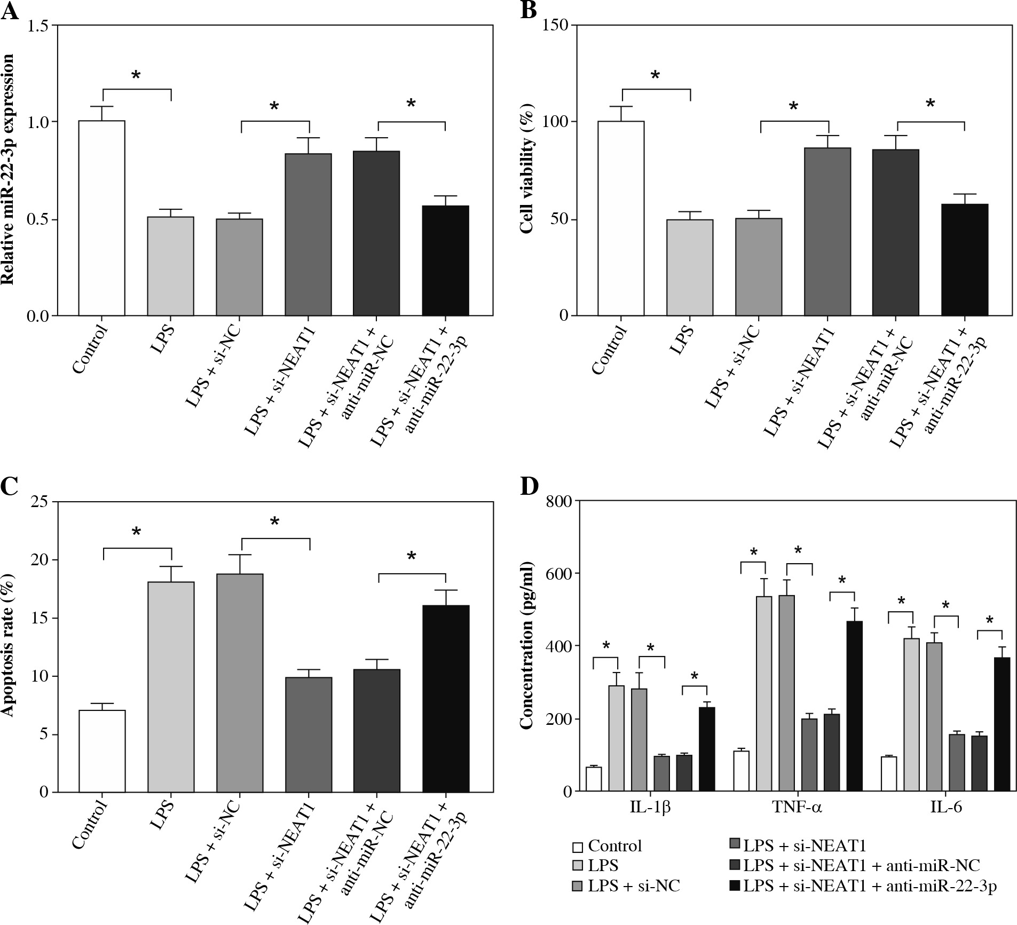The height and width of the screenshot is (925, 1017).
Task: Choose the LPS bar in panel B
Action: [690, 267]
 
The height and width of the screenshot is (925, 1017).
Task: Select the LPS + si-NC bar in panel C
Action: [240, 683]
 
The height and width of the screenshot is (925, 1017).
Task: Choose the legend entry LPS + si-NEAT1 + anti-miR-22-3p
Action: [863, 886]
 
